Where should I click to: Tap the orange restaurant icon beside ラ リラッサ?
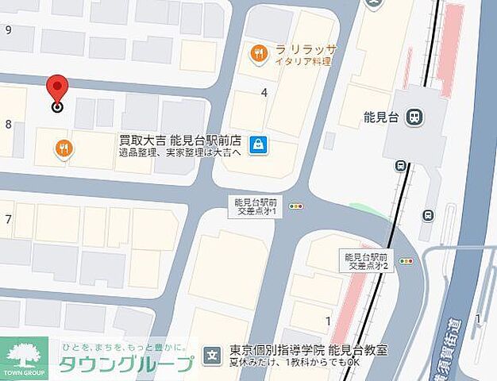[258, 55]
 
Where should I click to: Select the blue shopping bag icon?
[258, 144]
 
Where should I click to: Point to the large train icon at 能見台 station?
[413, 117]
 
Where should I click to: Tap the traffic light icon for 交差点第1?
[296, 206]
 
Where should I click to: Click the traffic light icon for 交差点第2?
[407, 261]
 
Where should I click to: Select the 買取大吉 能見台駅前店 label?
[180, 137]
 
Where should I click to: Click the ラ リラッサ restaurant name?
[306, 49]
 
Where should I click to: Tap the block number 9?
[8, 30]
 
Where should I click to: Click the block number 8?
[8, 123]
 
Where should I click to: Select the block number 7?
[8, 218]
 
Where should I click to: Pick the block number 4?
[264, 91]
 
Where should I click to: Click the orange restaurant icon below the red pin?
[64, 148]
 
